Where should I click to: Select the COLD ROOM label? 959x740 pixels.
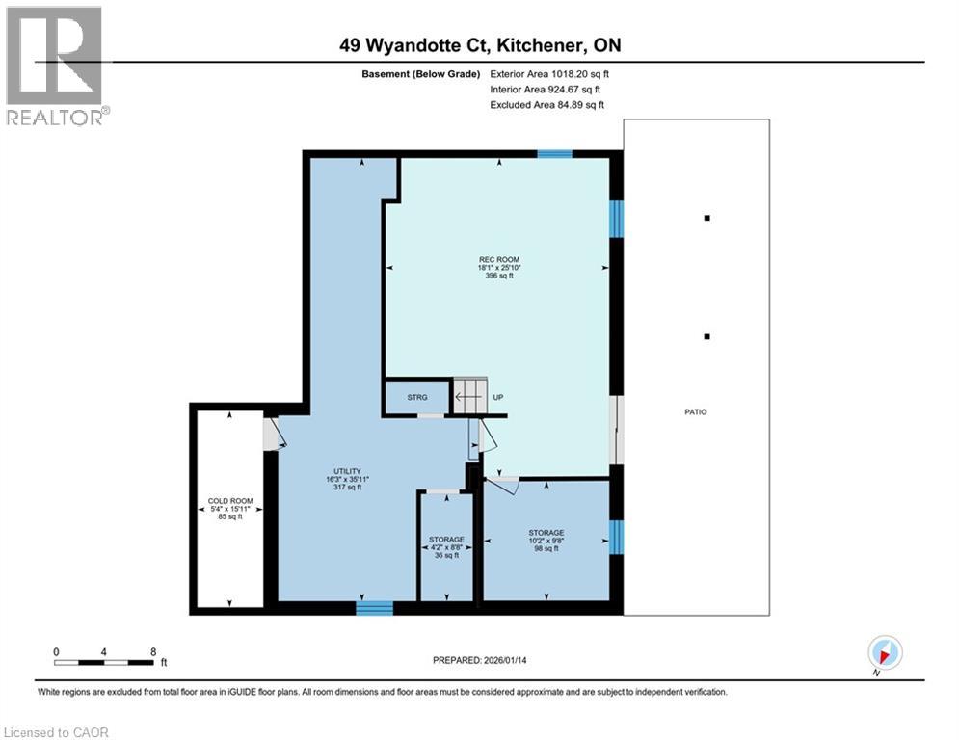230,509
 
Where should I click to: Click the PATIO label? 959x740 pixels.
696,411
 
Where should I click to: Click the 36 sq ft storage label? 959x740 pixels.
447,546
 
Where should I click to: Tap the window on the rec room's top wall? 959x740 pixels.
554,153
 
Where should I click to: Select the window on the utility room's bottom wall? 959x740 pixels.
374,607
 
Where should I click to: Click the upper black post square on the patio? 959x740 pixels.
706,218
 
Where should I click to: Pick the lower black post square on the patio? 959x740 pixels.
706,336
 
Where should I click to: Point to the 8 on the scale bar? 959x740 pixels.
153,651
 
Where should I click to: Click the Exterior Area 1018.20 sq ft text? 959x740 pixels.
549,73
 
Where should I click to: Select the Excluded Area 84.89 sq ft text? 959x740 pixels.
549,104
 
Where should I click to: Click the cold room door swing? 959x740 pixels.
276,434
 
